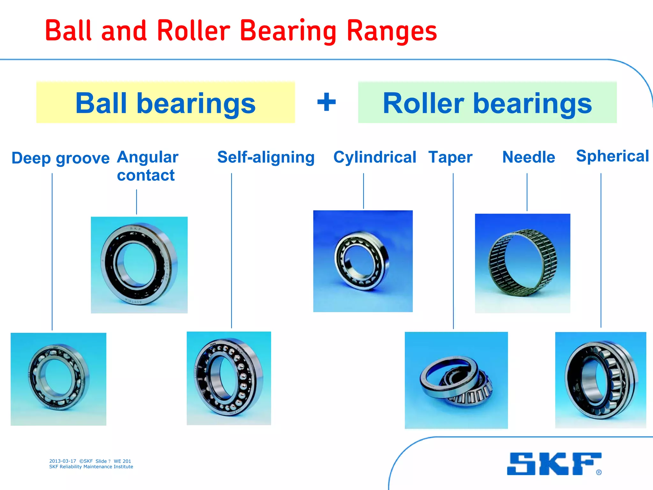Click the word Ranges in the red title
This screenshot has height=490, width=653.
(392, 31)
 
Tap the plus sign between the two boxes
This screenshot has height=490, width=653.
(326, 102)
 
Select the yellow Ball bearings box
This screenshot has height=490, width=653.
(165, 102)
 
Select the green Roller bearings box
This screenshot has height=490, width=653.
(487, 102)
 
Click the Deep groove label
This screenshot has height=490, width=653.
(60, 158)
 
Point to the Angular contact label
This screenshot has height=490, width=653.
(147, 166)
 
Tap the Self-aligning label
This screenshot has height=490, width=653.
(266, 157)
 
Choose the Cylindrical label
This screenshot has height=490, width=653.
(375, 157)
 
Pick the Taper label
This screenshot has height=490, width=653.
(450, 157)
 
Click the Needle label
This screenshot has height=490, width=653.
(529, 157)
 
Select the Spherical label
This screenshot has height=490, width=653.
(612, 156)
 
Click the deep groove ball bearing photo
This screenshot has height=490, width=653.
(58, 379)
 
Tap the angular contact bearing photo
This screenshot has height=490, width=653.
(139, 265)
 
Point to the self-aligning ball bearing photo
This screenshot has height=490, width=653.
(229, 378)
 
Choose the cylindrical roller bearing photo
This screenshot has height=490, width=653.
(363, 261)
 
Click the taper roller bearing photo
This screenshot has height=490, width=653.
(456, 380)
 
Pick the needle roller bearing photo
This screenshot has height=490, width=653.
(522, 263)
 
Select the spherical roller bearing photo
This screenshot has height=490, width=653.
(600, 380)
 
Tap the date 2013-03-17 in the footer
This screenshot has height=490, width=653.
(62, 461)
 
